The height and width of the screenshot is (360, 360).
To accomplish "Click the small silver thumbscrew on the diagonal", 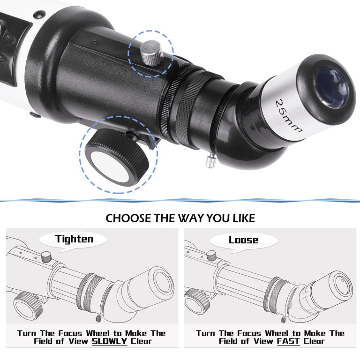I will [209, 161].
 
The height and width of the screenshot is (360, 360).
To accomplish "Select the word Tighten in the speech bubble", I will [74, 239].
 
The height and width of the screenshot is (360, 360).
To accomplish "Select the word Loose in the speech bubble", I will [243, 240].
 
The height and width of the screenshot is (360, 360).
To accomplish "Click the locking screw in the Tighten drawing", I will [45, 256].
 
